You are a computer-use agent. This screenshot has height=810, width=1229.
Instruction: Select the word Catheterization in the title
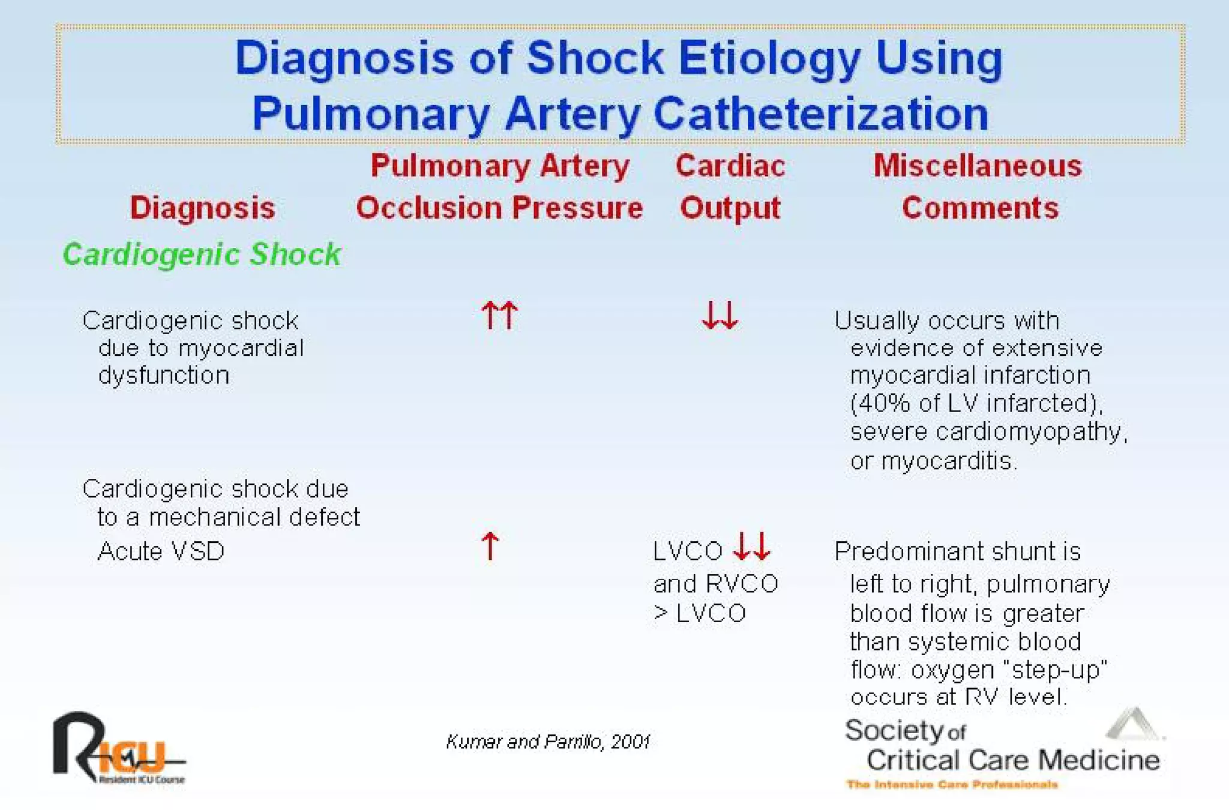coord(820,114)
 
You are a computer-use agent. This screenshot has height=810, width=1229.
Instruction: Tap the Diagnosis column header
coord(202,208)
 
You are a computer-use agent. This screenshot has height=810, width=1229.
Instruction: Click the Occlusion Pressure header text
coord(499,208)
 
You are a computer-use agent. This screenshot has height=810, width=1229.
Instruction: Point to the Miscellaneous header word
coord(978,166)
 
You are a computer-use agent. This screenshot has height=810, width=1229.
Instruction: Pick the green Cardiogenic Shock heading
coord(202,254)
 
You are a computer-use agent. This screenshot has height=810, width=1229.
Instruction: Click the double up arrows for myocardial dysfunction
coord(499,315)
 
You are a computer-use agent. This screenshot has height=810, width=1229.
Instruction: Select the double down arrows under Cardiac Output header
coord(720,315)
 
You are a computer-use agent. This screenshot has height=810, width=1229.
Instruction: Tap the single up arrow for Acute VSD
coord(490,546)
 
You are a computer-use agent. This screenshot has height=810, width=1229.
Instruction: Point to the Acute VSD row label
coord(161,551)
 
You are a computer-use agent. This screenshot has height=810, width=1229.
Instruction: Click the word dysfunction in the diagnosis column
coord(164,376)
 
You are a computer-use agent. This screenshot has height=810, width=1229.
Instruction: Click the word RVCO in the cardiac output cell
coord(742,583)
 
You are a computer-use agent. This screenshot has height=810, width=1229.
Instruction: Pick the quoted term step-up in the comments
coord(1059,670)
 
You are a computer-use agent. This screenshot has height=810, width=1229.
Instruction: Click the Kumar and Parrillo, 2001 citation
coord(548,742)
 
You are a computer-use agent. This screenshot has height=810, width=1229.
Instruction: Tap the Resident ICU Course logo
coord(118,749)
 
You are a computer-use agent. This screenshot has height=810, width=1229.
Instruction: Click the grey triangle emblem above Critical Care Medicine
coord(1133,724)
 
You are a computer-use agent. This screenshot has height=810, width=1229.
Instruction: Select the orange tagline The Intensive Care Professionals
coord(952,784)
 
